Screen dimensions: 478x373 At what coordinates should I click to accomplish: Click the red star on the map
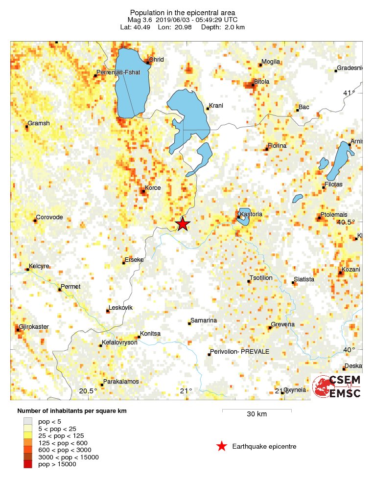pyautogui.click(x=183, y=224)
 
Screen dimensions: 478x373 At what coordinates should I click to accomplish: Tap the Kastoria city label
pyautogui.click(x=251, y=214)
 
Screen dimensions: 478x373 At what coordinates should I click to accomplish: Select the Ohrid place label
pyautogui.click(x=157, y=60)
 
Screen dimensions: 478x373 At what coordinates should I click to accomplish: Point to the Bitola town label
pyautogui.click(x=261, y=81)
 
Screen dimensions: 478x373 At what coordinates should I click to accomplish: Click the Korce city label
pyautogui.click(x=153, y=188)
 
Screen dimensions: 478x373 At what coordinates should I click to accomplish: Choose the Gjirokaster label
pyautogui.click(x=34, y=326)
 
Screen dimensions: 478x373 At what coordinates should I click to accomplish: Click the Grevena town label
pyautogui.click(x=283, y=324)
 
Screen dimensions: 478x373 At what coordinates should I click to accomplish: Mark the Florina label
pyautogui.click(x=277, y=146)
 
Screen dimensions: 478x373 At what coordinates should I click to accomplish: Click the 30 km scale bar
pyautogui.click(x=256, y=410)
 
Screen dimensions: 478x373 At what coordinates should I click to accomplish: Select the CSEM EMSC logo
pyautogui.click(x=337, y=387)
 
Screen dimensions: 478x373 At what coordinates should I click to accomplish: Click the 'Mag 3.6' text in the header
pyautogui.click(x=139, y=20)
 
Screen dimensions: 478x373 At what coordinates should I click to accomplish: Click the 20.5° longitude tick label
pyautogui.click(x=88, y=390)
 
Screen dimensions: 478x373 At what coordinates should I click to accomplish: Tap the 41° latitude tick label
pyautogui.click(x=349, y=93)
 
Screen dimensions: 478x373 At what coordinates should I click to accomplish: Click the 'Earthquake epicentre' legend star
pyautogui.click(x=222, y=446)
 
